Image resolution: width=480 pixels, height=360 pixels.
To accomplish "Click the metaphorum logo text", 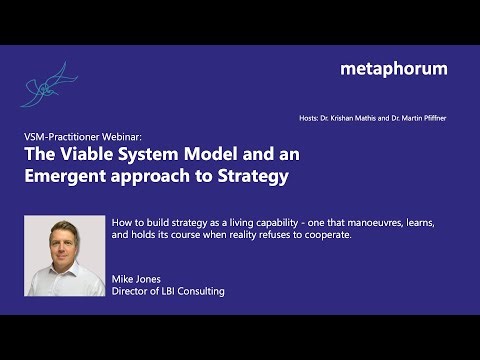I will coord(393,69).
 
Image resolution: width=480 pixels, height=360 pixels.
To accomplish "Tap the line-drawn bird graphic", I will coord(46,86).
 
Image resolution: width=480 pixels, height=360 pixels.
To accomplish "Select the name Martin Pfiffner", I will coord(424,118).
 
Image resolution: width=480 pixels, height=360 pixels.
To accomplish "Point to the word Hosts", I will coord(310,118).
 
